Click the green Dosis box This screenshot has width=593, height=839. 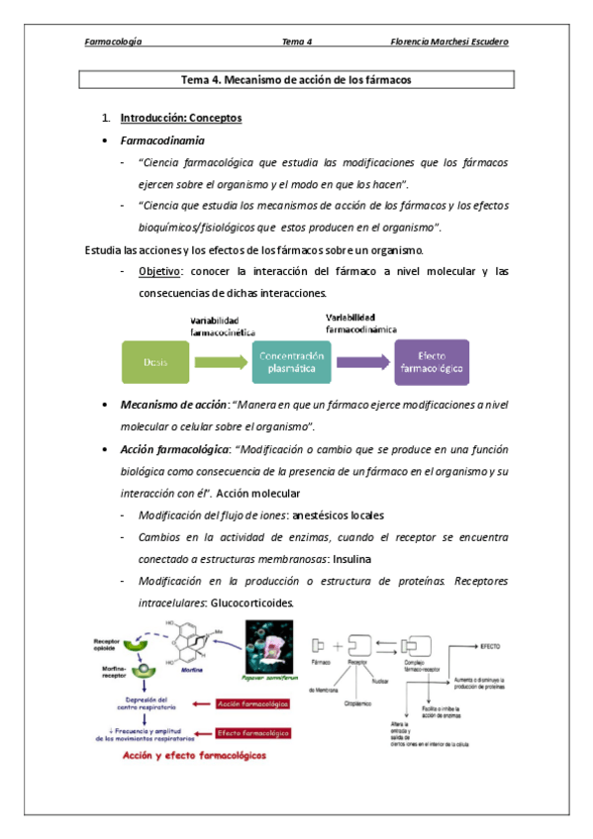(154, 362)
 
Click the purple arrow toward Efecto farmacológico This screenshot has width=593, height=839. (359, 362)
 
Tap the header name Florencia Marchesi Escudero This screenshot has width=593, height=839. (456, 42)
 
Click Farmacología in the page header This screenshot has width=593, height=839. (113, 42)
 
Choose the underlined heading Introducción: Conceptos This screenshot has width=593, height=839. (180, 118)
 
